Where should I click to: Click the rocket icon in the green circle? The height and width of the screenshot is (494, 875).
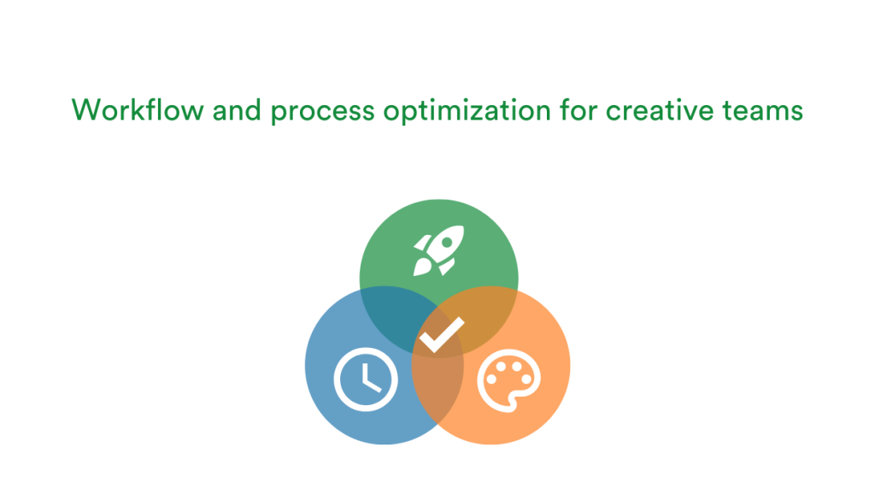(x=438, y=250)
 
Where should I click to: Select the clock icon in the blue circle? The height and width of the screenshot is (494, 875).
(x=366, y=379)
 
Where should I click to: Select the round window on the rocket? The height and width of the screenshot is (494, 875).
(x=447, y=242)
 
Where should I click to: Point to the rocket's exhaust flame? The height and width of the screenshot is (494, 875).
(x=422, y=268)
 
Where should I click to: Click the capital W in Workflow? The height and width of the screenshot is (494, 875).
(x=85, y=109)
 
